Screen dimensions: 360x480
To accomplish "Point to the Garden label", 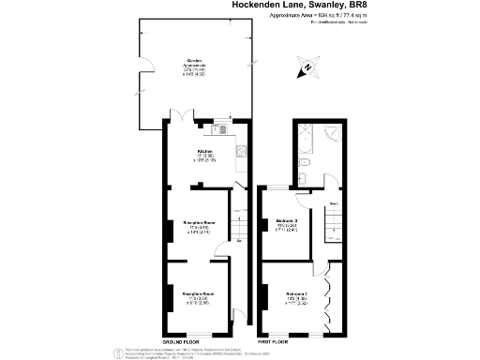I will coord(194,62).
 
